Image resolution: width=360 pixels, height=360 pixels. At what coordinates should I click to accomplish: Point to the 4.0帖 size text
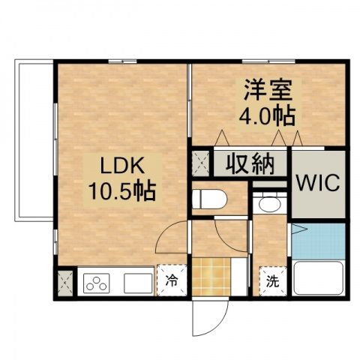(x=266, y=116)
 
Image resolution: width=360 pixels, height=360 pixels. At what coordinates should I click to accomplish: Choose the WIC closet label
(x=319, y=183)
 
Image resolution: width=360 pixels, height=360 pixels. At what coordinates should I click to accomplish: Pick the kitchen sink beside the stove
(x=137, y=283)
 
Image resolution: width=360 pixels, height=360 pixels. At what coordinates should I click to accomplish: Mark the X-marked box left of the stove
(x=63, y=283)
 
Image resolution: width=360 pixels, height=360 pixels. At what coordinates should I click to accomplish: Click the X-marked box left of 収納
(x=201, y=162)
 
